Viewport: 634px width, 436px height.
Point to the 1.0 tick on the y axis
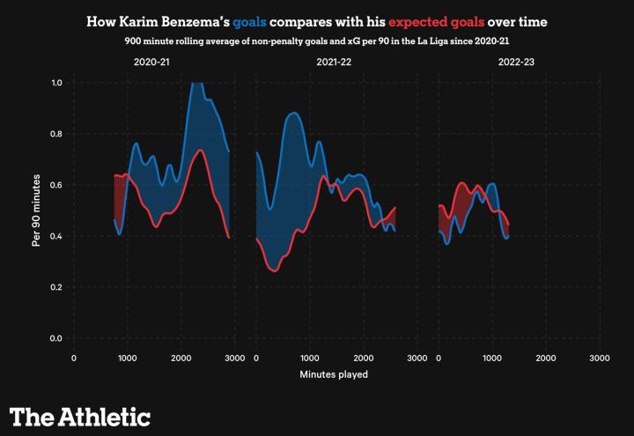[56, 83]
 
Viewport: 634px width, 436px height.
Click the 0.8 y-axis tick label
[56, 134]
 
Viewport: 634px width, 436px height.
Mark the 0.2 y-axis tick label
[56, 288]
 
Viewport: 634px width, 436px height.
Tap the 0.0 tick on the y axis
[56, 339]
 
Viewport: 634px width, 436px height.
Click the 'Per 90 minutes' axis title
[36, 211]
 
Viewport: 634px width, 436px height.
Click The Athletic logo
[80, 416]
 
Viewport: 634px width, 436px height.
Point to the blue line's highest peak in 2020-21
[196, 82]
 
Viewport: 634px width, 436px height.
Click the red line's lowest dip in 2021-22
[275, 271]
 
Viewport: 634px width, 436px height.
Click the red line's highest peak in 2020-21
[201, 151]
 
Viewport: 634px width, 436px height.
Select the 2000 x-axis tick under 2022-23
[545, 358]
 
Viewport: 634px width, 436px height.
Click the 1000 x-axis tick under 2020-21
[127, 358]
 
